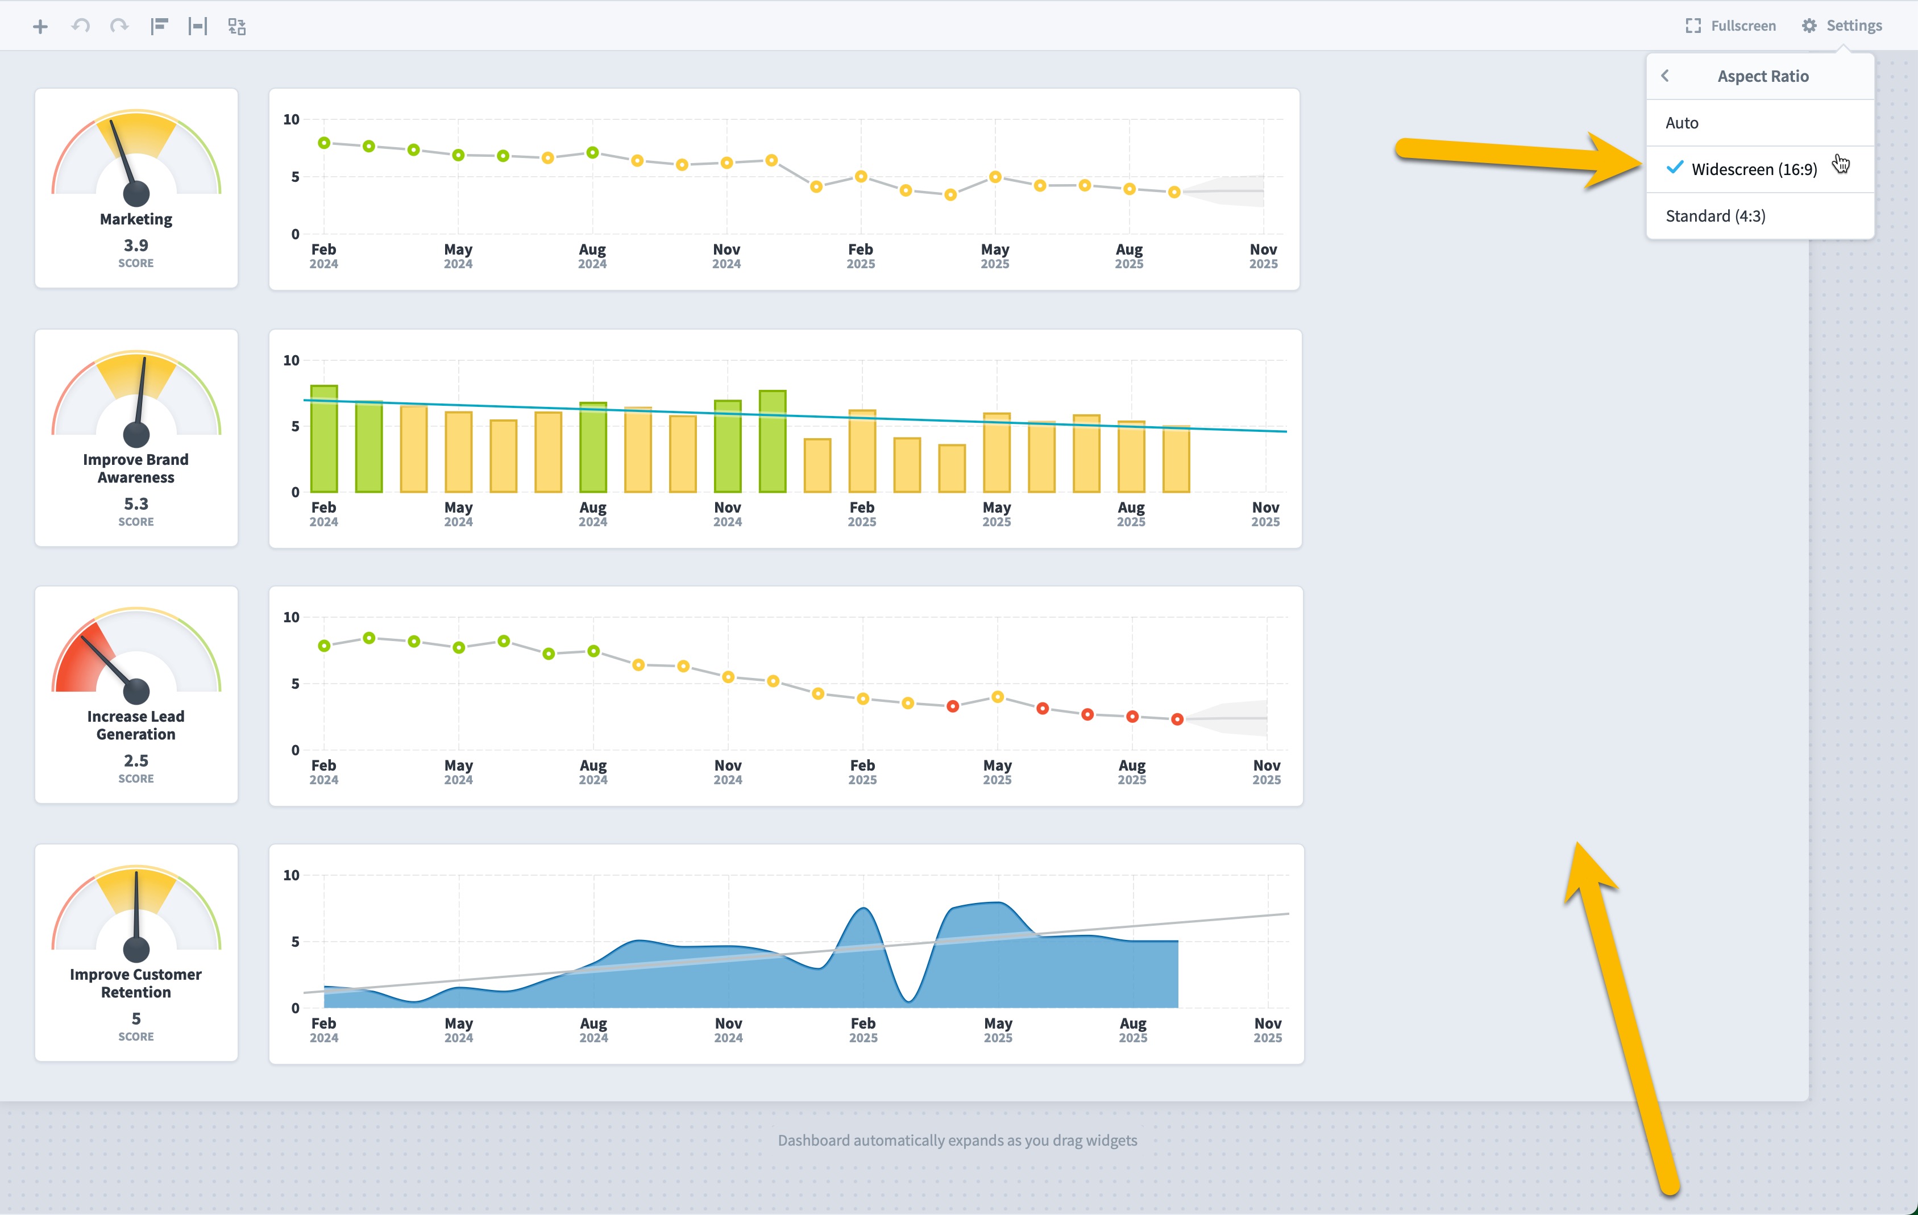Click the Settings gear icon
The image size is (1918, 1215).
(1809, 26)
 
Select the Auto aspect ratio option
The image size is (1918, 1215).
(1682, 123)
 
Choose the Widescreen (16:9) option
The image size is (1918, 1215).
(1754, 169)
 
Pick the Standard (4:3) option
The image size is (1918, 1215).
(1715, 216)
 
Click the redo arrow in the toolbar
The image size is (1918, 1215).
(119, 26)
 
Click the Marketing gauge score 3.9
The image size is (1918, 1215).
(136, 246)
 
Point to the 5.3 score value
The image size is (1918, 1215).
(136, 504)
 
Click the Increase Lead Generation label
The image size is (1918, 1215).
(136, 725)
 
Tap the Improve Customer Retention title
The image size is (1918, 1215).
(136, 983)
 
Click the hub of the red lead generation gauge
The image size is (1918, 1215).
(136, 691)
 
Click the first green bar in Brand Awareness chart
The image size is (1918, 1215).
(323, 439)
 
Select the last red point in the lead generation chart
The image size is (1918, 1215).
(1177, 719)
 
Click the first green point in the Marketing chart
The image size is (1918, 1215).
(324, 143)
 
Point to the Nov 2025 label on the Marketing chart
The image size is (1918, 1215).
(1263, 256)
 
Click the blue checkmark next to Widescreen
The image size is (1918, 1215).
(1675, 167)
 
